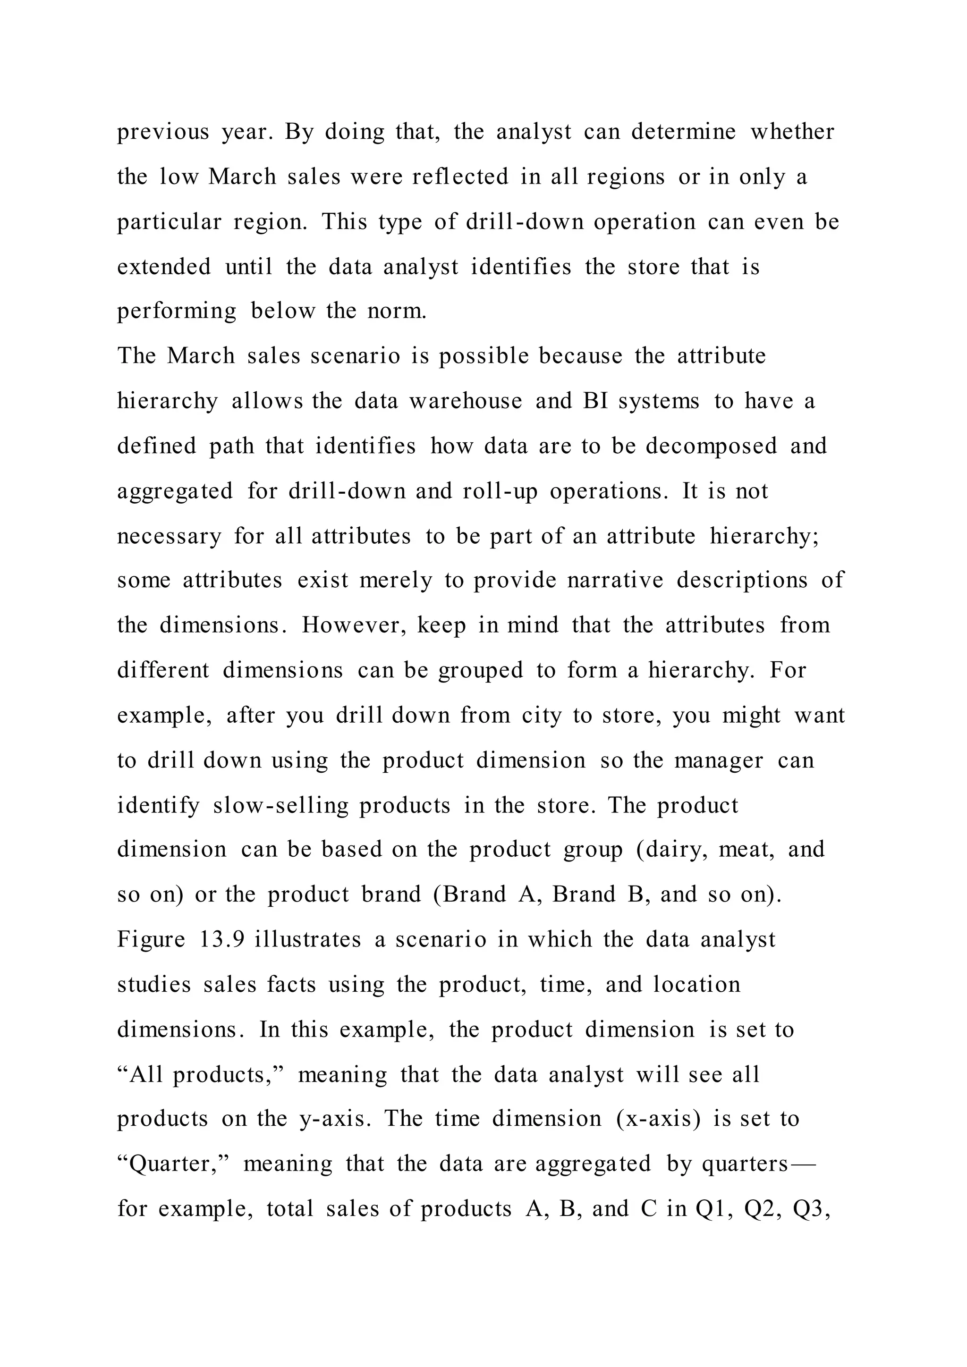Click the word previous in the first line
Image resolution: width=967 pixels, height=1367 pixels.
162,132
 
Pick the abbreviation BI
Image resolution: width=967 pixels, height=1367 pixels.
595,401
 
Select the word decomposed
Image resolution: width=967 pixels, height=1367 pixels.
712,446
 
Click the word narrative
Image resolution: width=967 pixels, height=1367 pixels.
615,580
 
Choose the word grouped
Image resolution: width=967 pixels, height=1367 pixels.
481,670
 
